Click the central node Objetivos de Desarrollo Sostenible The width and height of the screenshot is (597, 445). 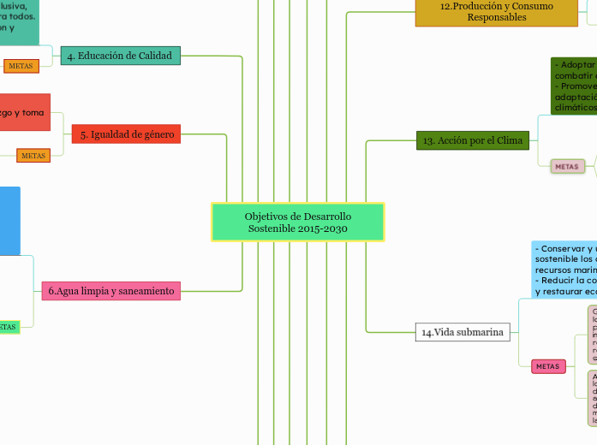click(x=297, y=222)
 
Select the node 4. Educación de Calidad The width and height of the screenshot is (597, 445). click(x=120, y=56)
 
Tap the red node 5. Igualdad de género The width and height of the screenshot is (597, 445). click(x=127, y=134)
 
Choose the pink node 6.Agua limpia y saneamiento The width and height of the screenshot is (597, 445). click(x=111, y=291)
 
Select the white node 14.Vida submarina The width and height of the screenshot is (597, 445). click(x=463, y=332)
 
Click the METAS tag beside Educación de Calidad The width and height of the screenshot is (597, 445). click(x=21, y=66)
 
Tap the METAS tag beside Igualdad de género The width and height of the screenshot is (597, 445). click(x=33, y=156)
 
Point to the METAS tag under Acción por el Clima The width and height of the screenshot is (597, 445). click(x=566, y=166)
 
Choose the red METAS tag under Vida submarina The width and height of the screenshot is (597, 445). click(x=547, y=366)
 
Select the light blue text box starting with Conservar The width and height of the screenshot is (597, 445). click(x=564, y=269)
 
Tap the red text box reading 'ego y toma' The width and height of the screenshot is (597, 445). click(x=24, y=112)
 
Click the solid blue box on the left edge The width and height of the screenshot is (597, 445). click(x=9, y=220)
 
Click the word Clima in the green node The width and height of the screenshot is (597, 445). click(x=510, y=140)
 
